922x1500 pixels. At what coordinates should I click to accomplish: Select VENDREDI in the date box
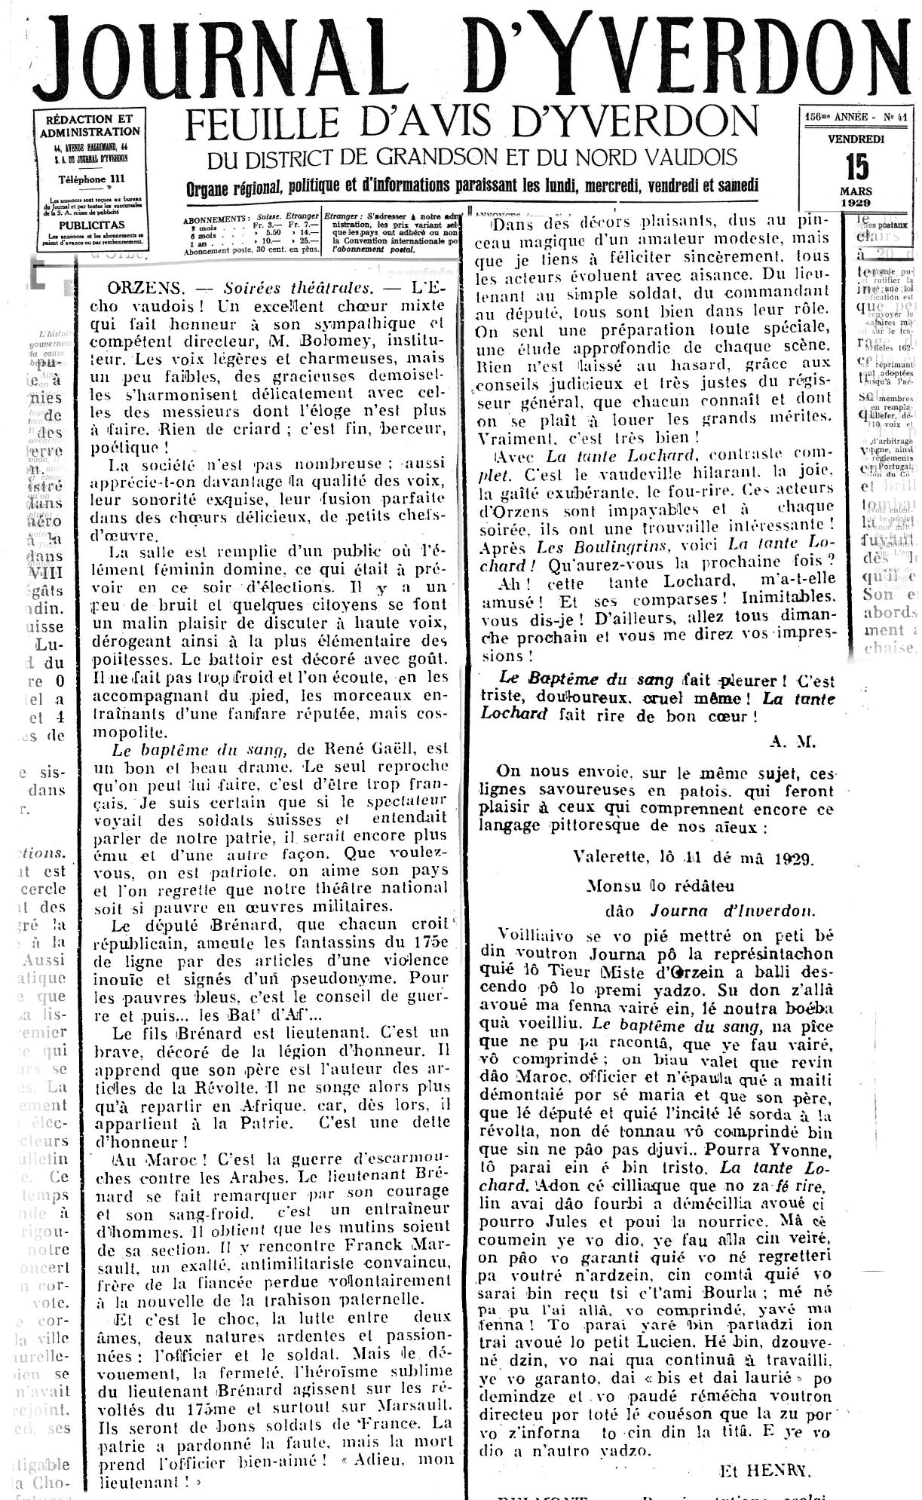[x=856, y=139]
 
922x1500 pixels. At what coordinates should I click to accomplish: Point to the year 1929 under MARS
[x=856, y=203]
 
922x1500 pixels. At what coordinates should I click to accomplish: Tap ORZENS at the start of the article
[x=136, y=287]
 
